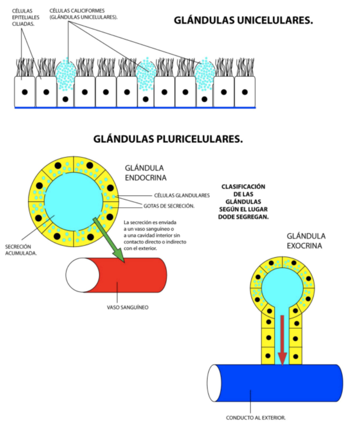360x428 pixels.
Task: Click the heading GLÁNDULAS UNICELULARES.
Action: (243, 21)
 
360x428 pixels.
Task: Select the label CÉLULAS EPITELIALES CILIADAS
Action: (26, 18)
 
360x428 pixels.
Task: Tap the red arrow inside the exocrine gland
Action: (282, 340)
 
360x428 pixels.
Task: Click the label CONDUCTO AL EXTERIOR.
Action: (256, 417)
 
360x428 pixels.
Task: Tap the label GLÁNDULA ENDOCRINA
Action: (145, 173)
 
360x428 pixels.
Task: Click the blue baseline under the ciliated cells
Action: (135, 108)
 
